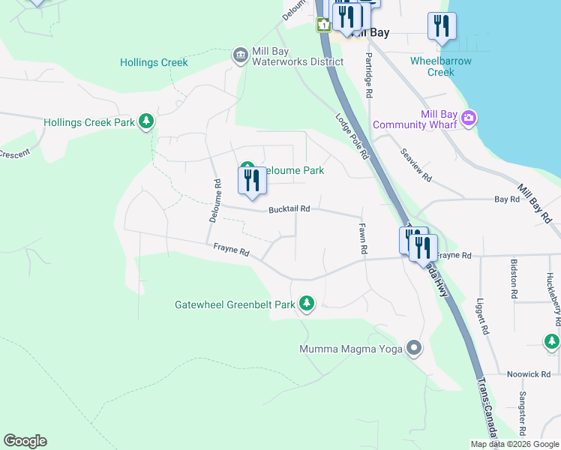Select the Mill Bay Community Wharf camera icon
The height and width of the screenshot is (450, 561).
point(469,118)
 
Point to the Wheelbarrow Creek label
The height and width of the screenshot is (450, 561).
point(441,67)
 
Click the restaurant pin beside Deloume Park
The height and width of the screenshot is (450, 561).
point(252,181)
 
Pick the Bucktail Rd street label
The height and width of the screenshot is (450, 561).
point(289,210)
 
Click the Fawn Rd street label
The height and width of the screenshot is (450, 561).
point(362,238)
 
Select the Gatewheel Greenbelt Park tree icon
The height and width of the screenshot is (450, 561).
point(306,304)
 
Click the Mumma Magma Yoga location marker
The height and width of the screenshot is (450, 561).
point(413,349)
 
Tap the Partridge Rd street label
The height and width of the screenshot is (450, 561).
point(368,76)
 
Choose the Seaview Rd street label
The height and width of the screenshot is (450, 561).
point(416,165)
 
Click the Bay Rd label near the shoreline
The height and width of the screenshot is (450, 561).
point(507,199)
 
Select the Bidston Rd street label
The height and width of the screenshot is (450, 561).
point(514,274)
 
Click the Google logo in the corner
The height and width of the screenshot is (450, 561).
point(25,441)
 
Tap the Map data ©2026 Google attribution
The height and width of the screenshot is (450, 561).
point(514,444)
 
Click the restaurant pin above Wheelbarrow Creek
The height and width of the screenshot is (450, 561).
point(442,27)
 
